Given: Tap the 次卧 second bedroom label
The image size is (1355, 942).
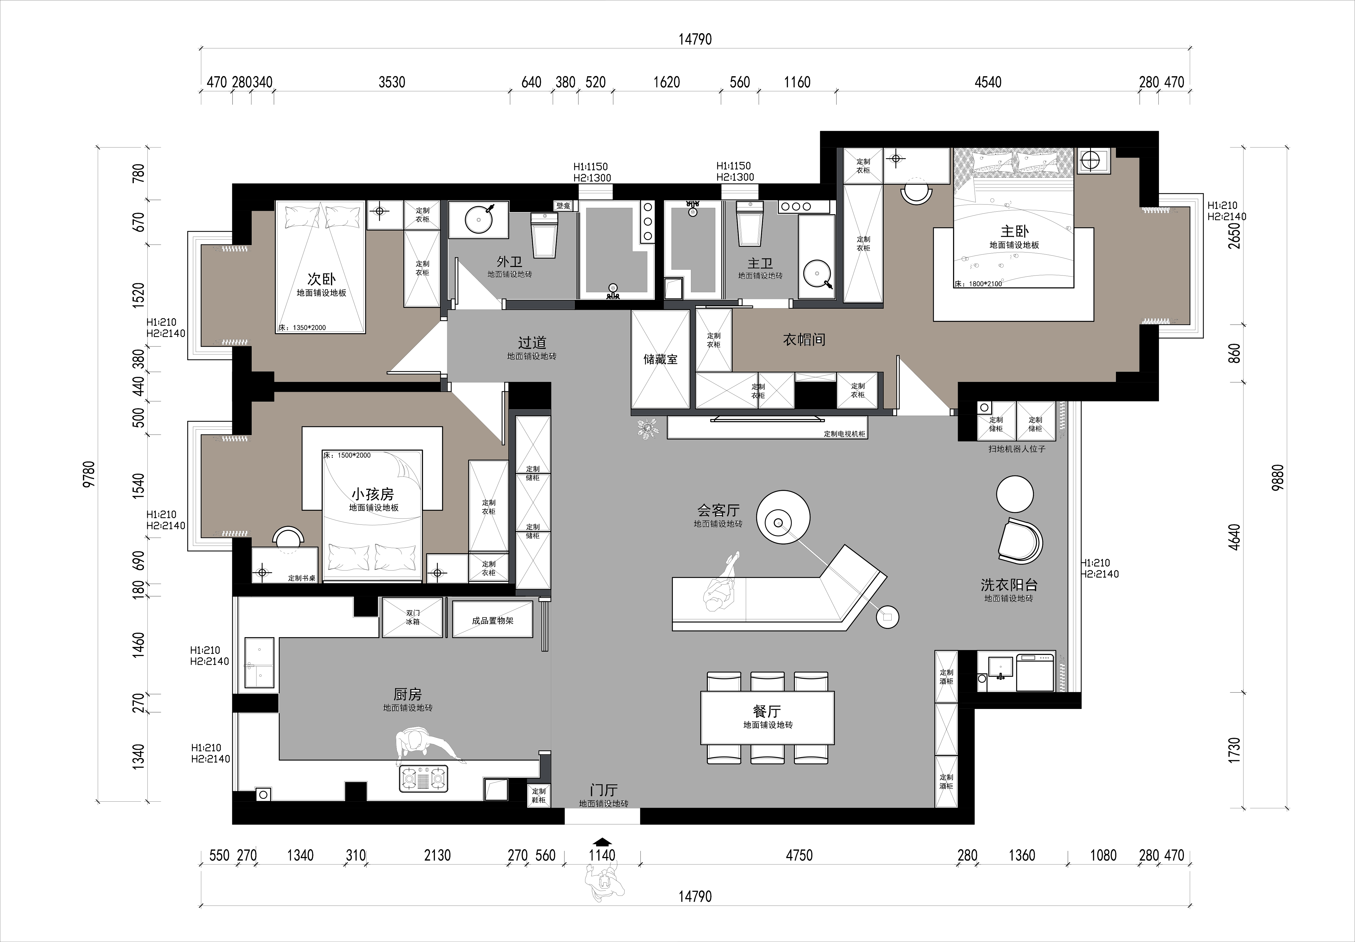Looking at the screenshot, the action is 321,279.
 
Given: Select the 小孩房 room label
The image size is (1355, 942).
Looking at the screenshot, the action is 373,493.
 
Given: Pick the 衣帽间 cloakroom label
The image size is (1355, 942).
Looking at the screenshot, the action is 804,339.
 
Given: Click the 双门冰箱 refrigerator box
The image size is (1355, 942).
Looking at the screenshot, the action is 413,617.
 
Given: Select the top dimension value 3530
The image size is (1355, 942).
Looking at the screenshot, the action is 392,82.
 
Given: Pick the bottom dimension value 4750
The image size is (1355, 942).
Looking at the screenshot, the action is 799,855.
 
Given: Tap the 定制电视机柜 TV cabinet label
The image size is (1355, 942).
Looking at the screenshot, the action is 844,434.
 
